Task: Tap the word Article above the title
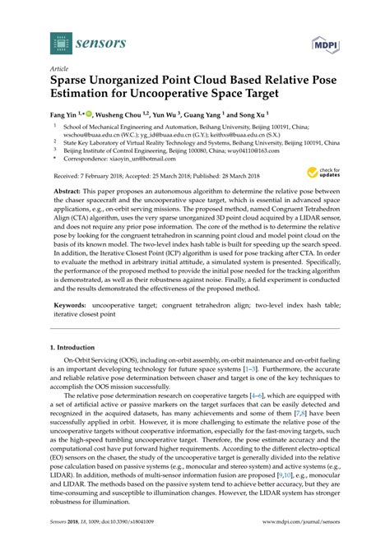(x=59, y=70)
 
